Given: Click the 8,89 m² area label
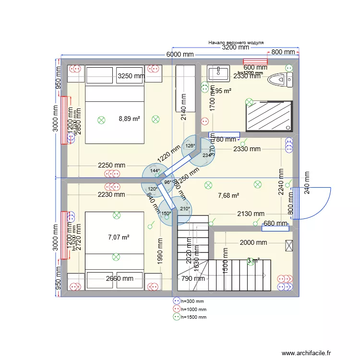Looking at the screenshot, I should [129, 119].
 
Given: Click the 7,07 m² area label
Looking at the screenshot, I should [119, 237].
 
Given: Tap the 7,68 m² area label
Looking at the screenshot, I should [228, 195].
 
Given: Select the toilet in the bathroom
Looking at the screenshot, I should [280, 80].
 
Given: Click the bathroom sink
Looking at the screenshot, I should [218, 73].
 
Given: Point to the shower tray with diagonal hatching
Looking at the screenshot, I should [269, 116].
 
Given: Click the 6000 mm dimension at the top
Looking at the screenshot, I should [180, 54].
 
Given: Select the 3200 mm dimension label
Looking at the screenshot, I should [235, 47].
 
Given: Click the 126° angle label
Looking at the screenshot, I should [190, 146].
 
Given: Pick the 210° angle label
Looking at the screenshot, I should [185, 208].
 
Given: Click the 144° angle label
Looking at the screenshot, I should [154, 170].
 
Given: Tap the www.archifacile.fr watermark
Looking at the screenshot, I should [306, 353].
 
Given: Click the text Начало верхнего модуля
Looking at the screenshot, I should [236, 42].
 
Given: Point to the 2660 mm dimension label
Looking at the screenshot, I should [120, 278].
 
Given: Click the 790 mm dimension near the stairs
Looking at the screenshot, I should [193, 278].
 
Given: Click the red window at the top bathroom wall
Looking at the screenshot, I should [255, 61].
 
